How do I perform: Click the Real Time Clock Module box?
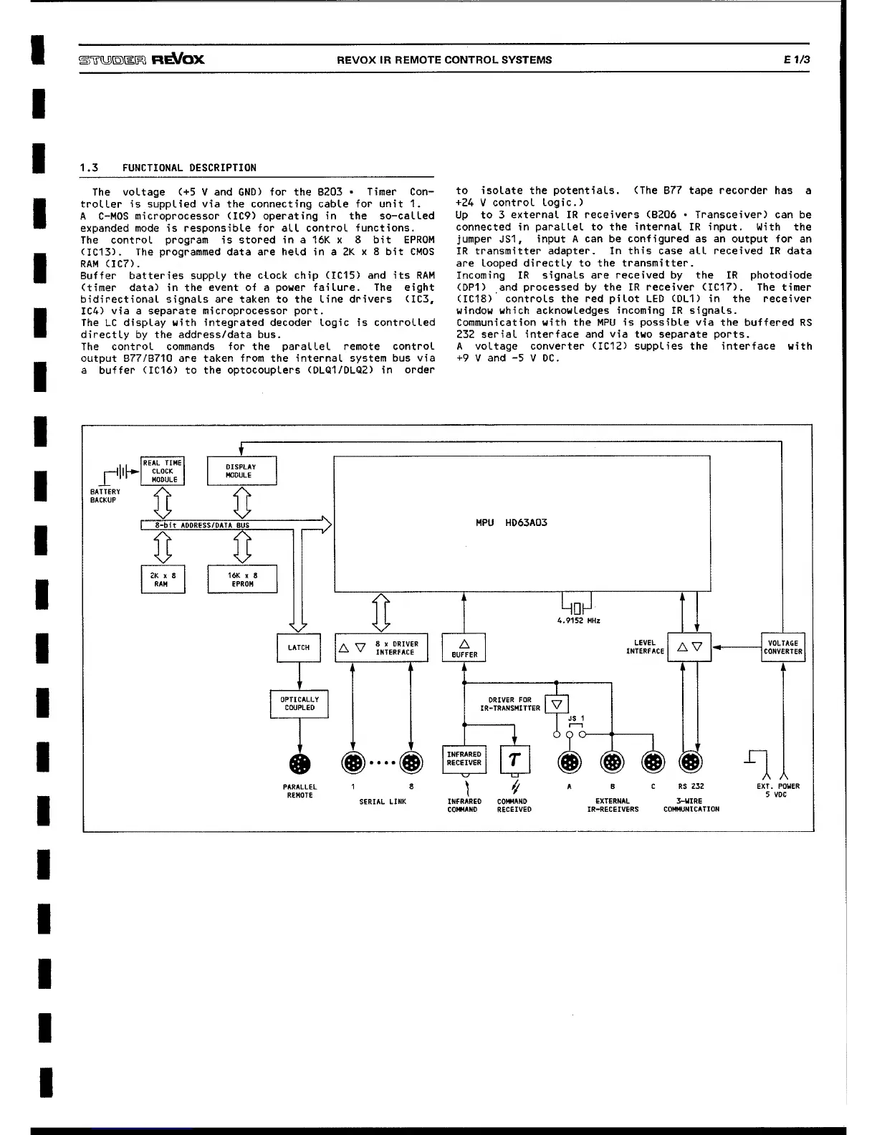[163, 471]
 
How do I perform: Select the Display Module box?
[241, 471]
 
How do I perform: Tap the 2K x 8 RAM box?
[163, 580]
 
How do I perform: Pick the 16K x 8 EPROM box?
[242, 580]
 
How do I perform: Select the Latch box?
[299, 648]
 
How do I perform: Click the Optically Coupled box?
[299, 704]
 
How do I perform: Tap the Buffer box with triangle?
[464, 648]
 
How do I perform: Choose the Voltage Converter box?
[783, 648]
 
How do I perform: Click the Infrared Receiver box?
[464, 759]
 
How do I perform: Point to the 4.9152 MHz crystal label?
[578, 621]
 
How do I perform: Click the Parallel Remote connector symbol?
[299, 764]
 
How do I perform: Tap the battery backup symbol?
[123, 471]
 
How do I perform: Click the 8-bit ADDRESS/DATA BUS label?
[202, 525]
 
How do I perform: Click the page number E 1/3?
[797, 60]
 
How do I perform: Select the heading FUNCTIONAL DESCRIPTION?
[189, 168]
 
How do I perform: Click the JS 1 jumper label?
[577, 718]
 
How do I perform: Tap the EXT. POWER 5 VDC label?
[777, 790]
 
